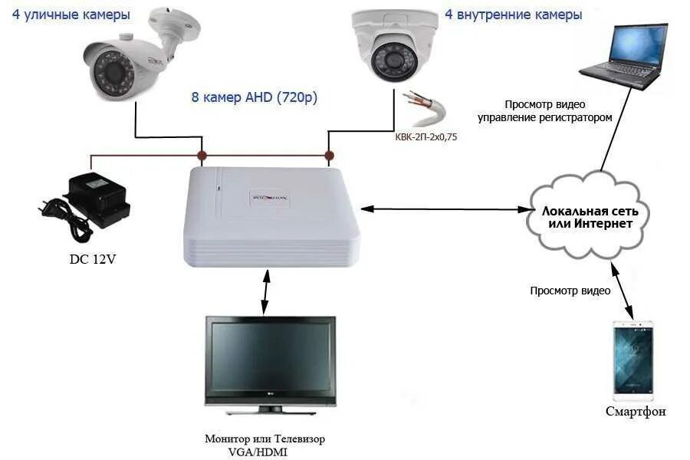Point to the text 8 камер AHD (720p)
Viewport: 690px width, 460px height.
point(255,98)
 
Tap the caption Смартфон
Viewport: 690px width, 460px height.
point(634,412)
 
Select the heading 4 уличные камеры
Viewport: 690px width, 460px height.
point(71,15)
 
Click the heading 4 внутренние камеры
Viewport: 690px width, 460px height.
point(513,15)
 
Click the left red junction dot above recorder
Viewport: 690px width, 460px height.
point(202,156)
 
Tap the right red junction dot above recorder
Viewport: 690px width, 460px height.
point(329,156)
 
